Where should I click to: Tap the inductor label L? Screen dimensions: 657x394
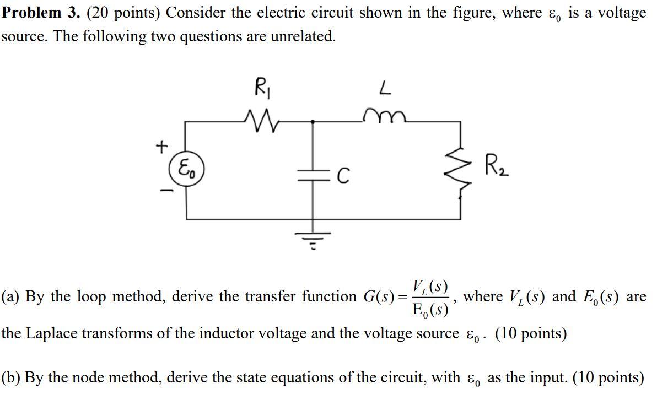(384, 88)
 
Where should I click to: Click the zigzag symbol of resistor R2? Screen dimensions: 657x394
(461, 172)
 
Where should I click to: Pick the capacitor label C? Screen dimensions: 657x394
(343, 176)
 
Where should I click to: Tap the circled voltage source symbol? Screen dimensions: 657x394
(186, 169)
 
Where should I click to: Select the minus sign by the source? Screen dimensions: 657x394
(166, 191)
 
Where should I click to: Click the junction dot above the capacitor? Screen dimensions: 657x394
(313, 122)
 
